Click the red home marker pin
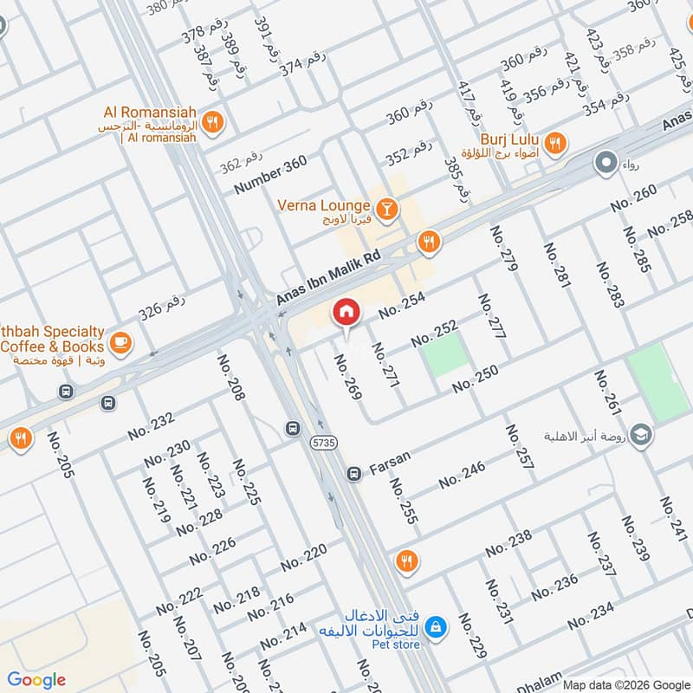(x=346, y=313)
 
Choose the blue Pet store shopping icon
(x=437, y=625)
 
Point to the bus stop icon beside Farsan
(x=353, y=474)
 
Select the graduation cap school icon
(x=641, y=434)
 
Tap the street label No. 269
(x=347, y=375)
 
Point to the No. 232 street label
(x=152, y=425)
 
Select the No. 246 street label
(x=462, y=475)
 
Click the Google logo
(x=36, y=680)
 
